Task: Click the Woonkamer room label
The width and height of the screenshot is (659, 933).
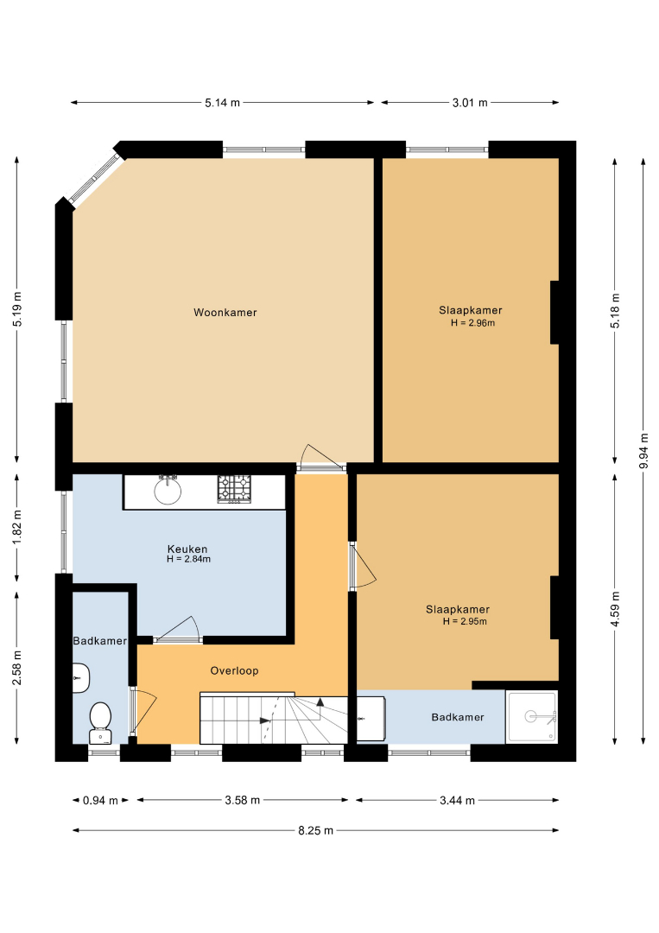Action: point(225,313)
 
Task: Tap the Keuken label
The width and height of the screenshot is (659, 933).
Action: point(187,549)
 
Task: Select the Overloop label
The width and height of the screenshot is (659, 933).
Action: point(234,670)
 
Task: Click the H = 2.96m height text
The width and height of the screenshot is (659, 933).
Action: point(472,323)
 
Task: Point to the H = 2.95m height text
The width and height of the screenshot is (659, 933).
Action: point(465,621)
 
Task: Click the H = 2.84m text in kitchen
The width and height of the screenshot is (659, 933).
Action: point(188,559)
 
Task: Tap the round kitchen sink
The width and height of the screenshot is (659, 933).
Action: point(168,490)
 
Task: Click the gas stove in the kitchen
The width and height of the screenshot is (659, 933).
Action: point(234,489)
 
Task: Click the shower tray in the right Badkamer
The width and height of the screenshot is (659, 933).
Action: point(532,716)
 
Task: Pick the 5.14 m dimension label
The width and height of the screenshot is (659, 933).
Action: point(223,102)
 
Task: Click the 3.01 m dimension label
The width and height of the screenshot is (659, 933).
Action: point(470,102)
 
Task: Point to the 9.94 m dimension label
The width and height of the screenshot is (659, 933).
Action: point(643,450)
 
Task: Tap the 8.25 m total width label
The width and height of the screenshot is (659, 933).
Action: point(316,830)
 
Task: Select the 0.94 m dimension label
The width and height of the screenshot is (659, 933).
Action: point(100,800)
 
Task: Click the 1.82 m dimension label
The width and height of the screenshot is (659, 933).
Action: point(17,527)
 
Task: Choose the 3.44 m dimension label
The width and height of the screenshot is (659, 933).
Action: point(458,800)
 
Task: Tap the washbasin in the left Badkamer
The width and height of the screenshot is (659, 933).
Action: point(81,678)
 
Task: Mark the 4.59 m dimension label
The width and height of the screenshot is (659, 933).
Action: point(615,609)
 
